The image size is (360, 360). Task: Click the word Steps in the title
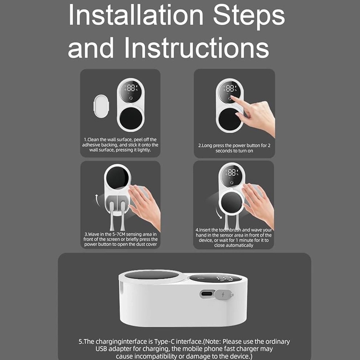tap(249, 16)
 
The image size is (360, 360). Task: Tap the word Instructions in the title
tap(197, 48)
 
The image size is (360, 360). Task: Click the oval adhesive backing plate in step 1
tap(101, 106)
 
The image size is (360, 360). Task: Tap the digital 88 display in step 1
tap(131, 88)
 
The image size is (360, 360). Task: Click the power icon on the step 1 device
tap(131, 98)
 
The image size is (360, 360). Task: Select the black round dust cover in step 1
tap(131, 118)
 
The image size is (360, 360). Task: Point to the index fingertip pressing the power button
tap(232, 98)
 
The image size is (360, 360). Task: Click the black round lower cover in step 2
tap(230, 119)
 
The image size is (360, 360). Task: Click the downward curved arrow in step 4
tap(218, 213)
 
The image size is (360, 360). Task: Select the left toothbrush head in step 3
tap(112, 216)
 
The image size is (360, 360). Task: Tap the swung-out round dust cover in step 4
tap(232, 204)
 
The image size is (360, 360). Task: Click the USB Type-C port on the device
tap(206, 294)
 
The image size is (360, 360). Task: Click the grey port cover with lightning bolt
tap(224, 294)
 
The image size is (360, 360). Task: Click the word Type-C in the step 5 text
tap(164, 341)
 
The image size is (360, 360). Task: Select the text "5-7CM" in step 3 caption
tap(119, 234)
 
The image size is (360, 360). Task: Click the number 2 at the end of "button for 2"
tap(269, 145)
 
